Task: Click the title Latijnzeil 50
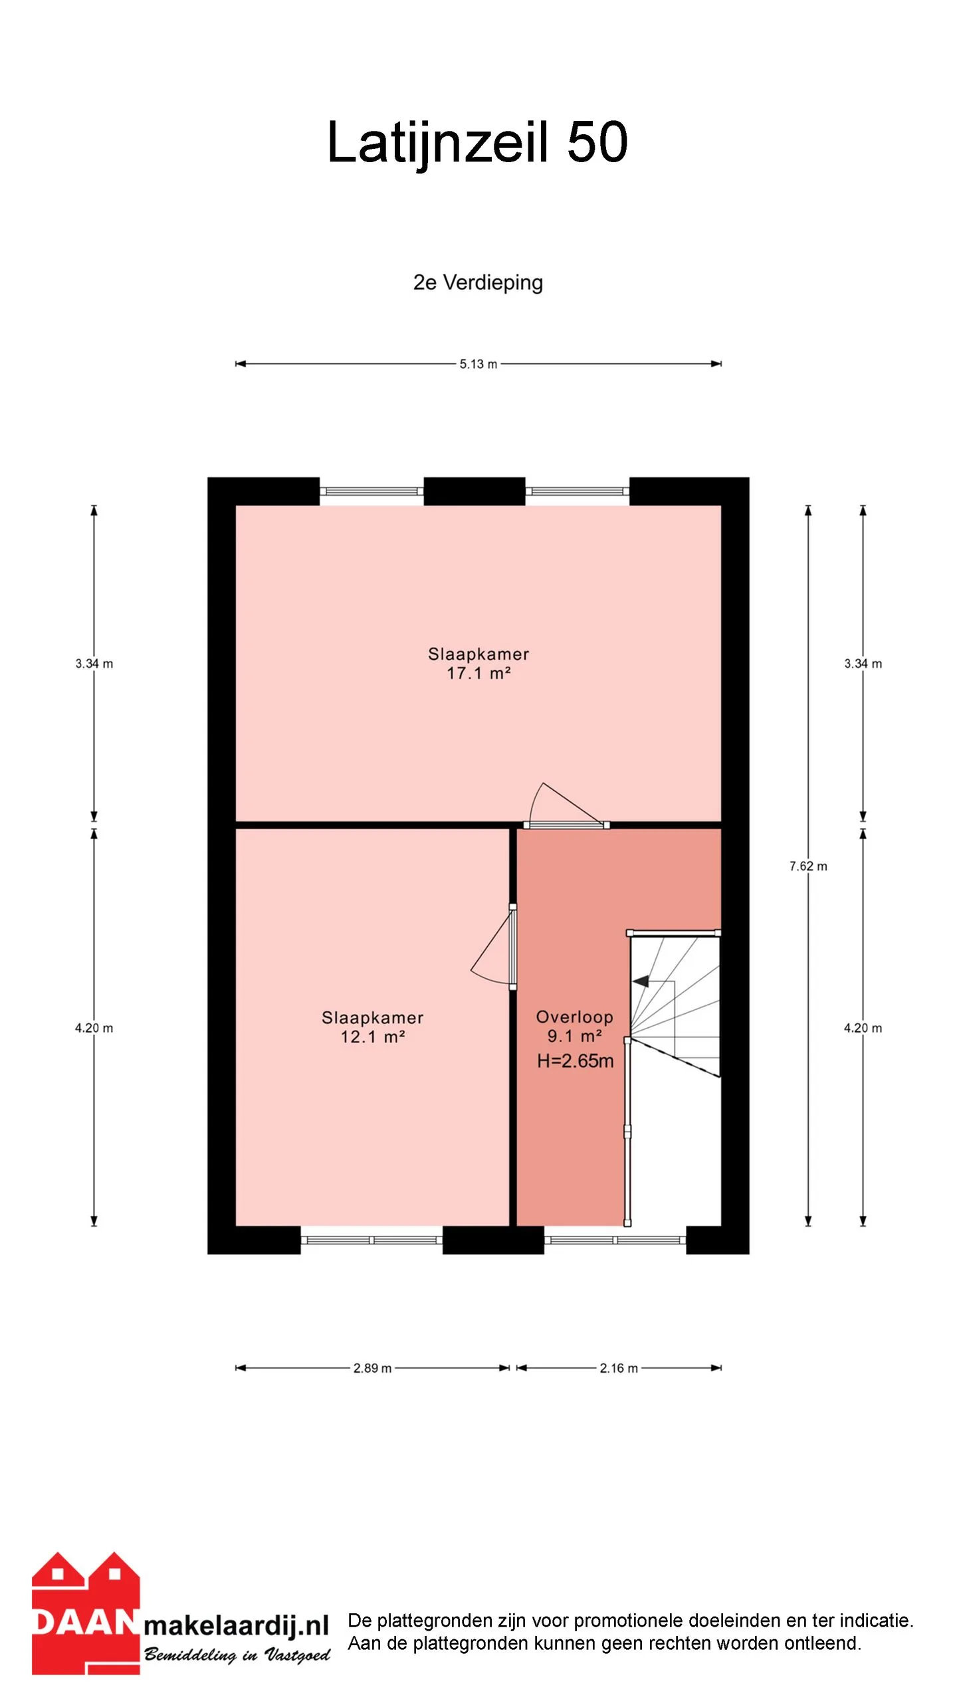478,142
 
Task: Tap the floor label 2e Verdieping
478,282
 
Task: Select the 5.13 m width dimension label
478,364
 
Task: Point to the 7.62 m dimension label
808,866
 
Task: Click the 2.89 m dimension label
372,1368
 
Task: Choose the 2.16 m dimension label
619,1368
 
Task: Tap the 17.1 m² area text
478,674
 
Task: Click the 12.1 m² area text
373,1037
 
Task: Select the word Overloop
575,1017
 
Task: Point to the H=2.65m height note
576,1061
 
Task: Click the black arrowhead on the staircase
641,981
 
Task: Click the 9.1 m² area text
575,1037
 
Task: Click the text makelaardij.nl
237,1625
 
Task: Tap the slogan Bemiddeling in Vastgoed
237,1654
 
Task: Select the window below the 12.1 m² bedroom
372,1240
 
